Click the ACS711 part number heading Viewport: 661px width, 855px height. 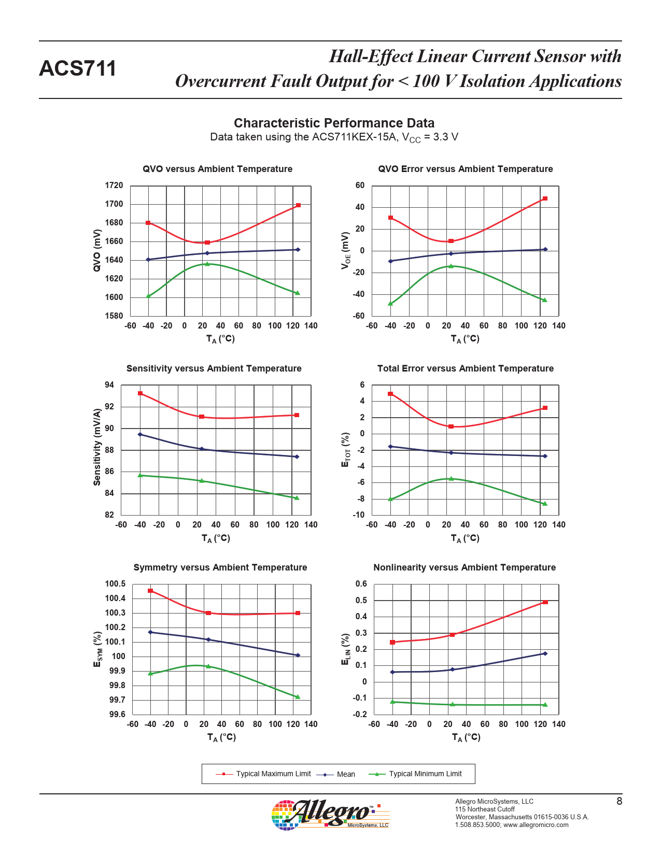point(78,69)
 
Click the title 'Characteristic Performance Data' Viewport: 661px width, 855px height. point(334,123)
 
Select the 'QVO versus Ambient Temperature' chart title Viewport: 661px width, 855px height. point(217,169)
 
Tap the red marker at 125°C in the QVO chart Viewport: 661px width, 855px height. point(298,205)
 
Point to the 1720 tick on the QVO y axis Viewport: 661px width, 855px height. point(114,186)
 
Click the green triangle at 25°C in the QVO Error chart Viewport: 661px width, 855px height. point(451,266)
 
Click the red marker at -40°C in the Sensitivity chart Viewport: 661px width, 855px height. point(140,393)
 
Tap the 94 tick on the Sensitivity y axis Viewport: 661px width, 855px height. point(109,385)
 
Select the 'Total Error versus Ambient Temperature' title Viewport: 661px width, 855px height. point(465,368)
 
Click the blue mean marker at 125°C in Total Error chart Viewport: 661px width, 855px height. point(545,456)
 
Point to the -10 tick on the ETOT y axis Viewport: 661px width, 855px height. point(359,515)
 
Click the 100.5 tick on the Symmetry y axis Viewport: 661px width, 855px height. point(115,584)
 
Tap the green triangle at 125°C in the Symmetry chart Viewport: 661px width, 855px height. point(298,697)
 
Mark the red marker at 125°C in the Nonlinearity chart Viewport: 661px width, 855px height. point(545,602)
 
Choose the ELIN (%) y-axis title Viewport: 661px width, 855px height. point(346,649)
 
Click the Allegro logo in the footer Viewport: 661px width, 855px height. point(330,814)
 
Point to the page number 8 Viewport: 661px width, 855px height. point(619,802)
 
